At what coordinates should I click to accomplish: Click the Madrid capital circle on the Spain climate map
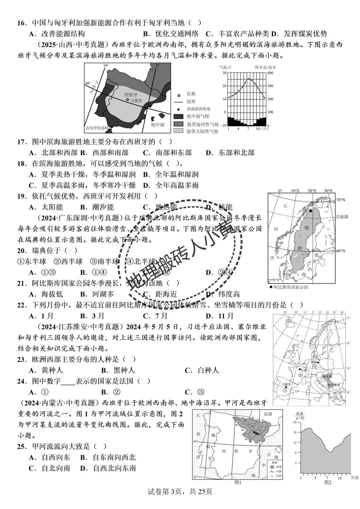[127, 100]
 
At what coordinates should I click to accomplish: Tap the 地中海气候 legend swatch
[179, 116]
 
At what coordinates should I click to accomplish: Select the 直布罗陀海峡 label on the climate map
[97, 128]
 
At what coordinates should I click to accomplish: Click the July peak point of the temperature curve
[248, 79]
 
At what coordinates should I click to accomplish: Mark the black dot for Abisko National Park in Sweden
[311, 211]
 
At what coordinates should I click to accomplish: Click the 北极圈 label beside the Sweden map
[342, 217]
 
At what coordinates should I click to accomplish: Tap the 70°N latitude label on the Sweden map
[341, 200]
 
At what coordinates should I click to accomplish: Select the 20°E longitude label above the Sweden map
[312, 191]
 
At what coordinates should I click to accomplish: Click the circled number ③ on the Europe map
[314, 366]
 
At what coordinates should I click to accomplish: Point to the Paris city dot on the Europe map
[299, 369]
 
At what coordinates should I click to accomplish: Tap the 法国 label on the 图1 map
[268, 414]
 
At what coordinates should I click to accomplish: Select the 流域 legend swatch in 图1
[272, 467]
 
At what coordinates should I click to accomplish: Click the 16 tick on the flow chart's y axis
[294, 432]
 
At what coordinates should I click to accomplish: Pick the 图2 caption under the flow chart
[328, 482]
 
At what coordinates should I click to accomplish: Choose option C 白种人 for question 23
[202, 370]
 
